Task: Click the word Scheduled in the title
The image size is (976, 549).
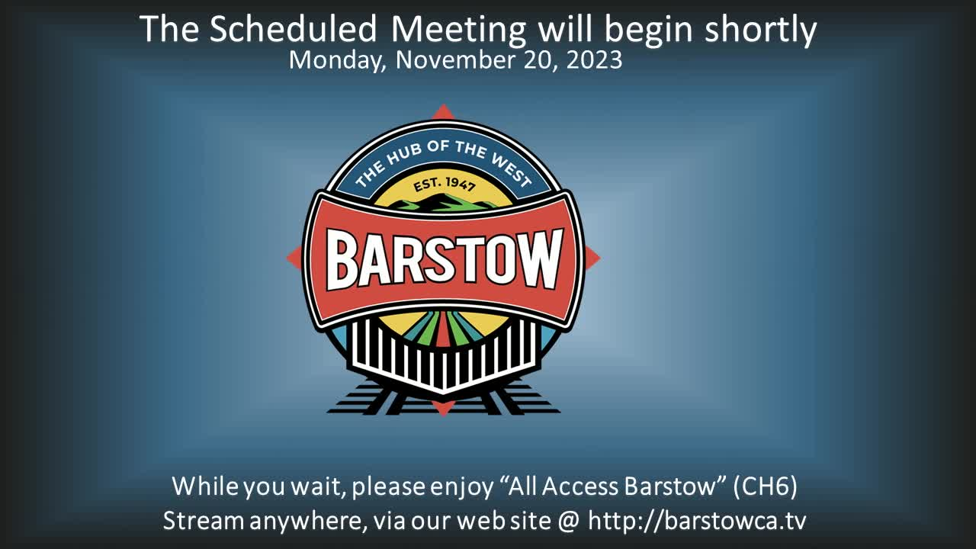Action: coord(293,29)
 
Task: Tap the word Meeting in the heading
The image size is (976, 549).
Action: coord(458,31)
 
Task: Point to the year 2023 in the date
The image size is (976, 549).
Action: coord(594,59)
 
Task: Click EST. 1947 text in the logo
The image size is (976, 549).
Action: coord(444,185)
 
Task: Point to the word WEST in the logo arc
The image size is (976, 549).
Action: coord(512,170)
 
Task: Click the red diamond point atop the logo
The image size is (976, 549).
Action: coord(443,111)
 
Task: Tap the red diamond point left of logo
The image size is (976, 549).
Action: coord(294,257)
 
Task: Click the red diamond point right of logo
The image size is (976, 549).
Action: coord(592,258)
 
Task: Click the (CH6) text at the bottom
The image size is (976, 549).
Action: coord(765,486)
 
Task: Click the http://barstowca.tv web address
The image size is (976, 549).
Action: coord(697,520)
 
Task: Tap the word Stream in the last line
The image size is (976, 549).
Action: coord(203,521)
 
